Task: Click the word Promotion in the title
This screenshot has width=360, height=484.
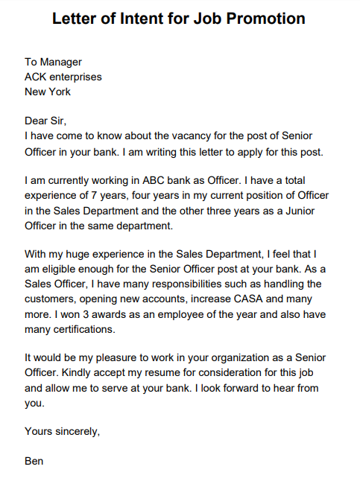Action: click(x=260, y=19)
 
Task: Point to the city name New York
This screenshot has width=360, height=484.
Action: click(x=48, y=92)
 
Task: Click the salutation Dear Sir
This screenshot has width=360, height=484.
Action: click(x=50, y=121)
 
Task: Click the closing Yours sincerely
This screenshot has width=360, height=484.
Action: click(x=62, y=431)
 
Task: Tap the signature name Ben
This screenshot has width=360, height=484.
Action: click(x=34, y=461)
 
